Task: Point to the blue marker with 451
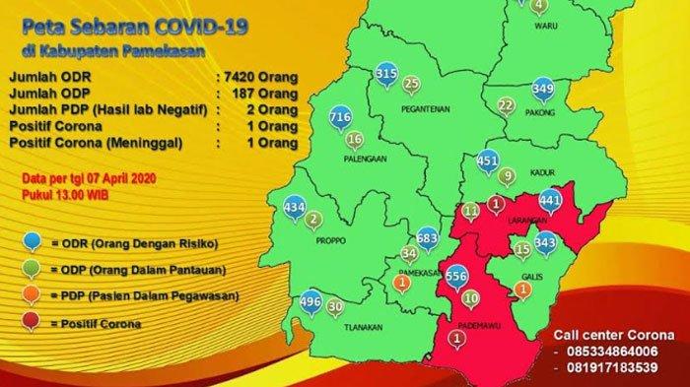click(x=487, y=160)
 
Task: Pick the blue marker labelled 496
click(x=310, y=301)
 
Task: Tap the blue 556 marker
click(x=456, y=277)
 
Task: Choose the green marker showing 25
click(x=411, y=84)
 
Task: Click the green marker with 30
click(x=335, y=306)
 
